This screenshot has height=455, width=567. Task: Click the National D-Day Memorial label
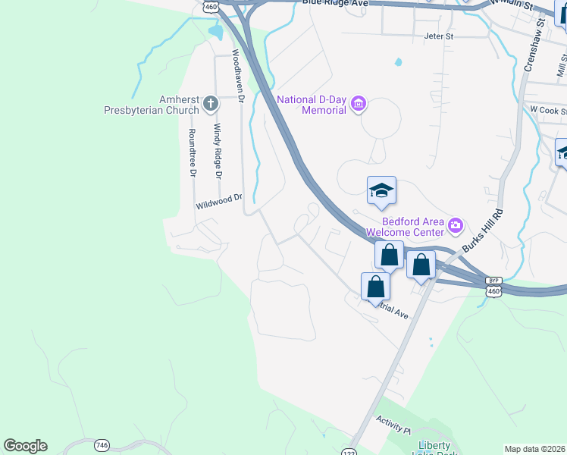coord(312,105)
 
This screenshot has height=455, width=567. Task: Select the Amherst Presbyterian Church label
coord(152,104)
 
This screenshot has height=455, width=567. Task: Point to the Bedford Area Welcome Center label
coord(406,225)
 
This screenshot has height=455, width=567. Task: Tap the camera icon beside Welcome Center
coord(455,224)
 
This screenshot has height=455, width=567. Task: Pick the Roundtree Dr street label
coord(193,152)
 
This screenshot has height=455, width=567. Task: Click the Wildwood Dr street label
coord(218,201)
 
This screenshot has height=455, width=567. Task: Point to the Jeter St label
coord(438,36)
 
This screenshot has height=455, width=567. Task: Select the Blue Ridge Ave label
coord(334,4)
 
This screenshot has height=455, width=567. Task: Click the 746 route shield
coord(101,444)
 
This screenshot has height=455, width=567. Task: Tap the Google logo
coord(25,446)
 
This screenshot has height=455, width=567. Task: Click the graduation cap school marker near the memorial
coord(381,191)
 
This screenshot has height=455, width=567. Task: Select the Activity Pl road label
coord(393,425)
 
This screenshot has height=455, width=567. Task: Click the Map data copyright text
coord(534,449)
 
